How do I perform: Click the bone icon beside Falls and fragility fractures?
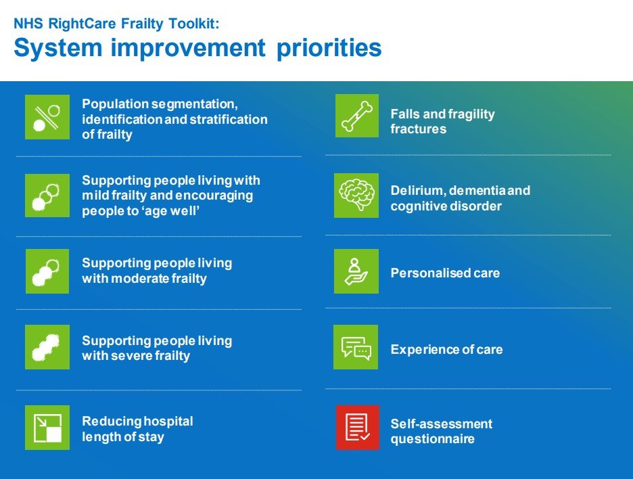pyautogui.click(x=357, y=116)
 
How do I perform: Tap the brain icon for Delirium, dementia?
pyautogui.click(x=356, y=196)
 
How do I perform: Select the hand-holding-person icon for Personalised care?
pyautogui.click(x=356, y=271)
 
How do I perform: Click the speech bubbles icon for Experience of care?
pyautogui.click(x=356, y=347)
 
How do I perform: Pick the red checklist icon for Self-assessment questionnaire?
pyautogui.click(x=357, y=428)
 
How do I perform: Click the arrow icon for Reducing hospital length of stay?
pyautogui.click(x=47, y=428)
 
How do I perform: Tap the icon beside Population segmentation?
pyautogui.click(x=47, y=117)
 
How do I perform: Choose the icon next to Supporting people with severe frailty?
pyautogui.click(x=47, y=347)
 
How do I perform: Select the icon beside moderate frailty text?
pyautogui.click(x=47, y=271)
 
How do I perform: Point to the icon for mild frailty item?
pyautogui.click(x=47, y=196)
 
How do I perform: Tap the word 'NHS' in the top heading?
pyautogui.click(x=26, y=22)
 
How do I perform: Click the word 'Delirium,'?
pyautogui.click(x=417, y=191)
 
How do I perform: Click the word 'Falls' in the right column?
pyautogui.click(x=405, y=114)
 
